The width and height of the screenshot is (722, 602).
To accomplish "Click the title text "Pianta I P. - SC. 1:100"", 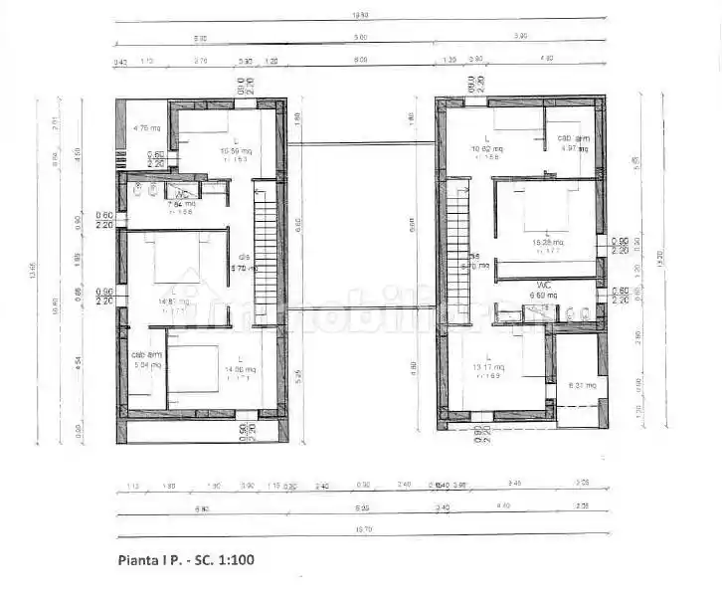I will (x=187, y=559).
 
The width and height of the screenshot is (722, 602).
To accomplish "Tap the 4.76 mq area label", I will (x=146, y=127).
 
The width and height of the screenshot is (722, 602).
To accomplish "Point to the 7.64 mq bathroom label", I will (x=182, y=205).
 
